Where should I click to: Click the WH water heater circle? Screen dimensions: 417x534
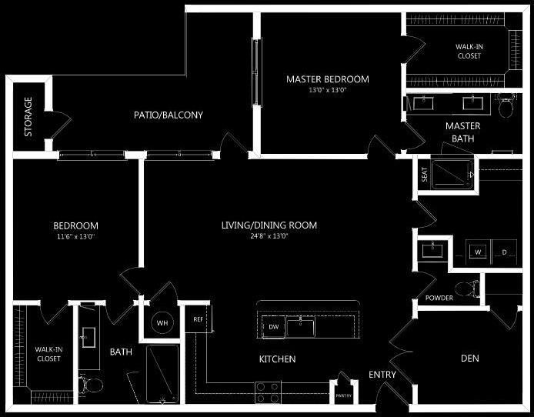pyautogui.click(x=162, y=323)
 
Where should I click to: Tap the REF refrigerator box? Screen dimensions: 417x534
pyautogui.click(x=198, y=319)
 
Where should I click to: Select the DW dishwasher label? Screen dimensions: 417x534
pyautogui.click(x=273, y=327)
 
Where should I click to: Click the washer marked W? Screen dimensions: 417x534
pyautogui.click(x=477, y=252)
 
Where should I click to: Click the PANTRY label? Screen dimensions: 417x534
pyautogui.click(x=343, y=395)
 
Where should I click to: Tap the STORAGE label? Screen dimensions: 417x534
pyautogui.click(x=28, y=117)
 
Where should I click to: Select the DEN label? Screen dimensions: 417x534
pyautogui.click(x=470, y=359)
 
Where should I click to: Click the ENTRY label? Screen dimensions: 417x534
pyautogui.click(x=382, y=375)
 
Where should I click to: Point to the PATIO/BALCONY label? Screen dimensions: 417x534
pyautogui.click(x=168, y=115)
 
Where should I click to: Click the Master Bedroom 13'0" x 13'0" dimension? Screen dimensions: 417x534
pyautogui.click(x=328, y=90)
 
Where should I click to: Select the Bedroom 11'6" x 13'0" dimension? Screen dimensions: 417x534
pyautogui.click(x=75, y=236)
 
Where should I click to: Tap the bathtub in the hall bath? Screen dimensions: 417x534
pyautogui.click(x=162, y=374)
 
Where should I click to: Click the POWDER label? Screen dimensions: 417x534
pyautogui.click(x=439, y=299)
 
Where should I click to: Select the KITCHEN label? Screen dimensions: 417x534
pyautogui.click(x=277, y=359)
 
